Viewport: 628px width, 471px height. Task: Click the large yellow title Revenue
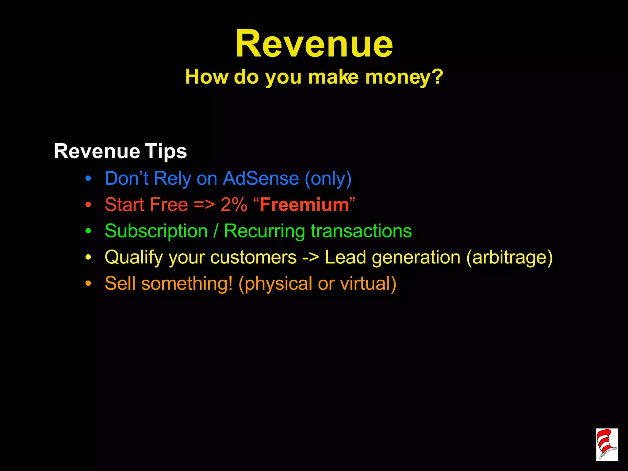314,44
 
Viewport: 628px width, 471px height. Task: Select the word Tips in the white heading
166,151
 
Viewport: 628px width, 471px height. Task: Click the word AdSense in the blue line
261,178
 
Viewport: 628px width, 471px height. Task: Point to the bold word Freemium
304,205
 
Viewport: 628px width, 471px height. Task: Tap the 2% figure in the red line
234,205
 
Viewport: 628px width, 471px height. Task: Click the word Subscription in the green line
156,231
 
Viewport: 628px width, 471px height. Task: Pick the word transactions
361,231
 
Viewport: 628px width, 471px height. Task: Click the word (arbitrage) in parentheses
509,257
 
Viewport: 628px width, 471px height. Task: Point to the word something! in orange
187,283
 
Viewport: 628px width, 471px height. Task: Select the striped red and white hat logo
607,445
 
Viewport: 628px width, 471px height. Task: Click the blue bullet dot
88,179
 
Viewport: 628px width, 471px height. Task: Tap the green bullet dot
88,231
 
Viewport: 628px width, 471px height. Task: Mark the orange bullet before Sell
88,284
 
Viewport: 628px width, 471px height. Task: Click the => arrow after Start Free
204,205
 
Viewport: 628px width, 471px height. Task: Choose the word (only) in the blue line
328,179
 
